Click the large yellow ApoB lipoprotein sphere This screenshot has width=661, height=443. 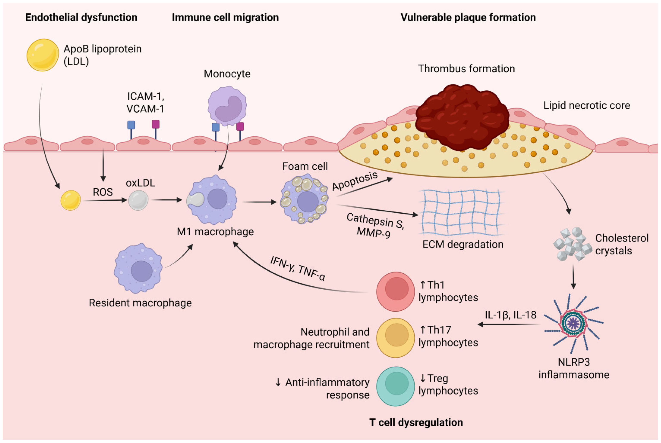coord(43,55)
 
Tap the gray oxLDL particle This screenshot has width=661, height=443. coord(138,200)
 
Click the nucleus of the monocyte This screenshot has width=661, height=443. coord(229,109)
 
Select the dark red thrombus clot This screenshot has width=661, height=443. coord(462,117)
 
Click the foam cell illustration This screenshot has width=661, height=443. coord(304,199)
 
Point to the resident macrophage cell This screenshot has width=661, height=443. coord(138,268)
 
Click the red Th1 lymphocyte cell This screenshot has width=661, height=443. coord(396,292)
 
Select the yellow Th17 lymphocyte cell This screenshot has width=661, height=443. coord(396,338)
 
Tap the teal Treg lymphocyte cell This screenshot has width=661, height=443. coord(396,386)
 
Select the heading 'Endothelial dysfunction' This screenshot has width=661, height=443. coord(81,17)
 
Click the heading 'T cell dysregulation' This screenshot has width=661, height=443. coord(416,422)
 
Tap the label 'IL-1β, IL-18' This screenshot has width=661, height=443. coord(510,315)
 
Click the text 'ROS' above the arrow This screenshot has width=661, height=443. coord(103,192)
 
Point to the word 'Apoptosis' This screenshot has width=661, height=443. coord(355,181)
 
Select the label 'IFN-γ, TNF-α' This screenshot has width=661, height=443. coord(297,268)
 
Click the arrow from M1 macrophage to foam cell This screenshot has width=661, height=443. coord(259,202)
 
